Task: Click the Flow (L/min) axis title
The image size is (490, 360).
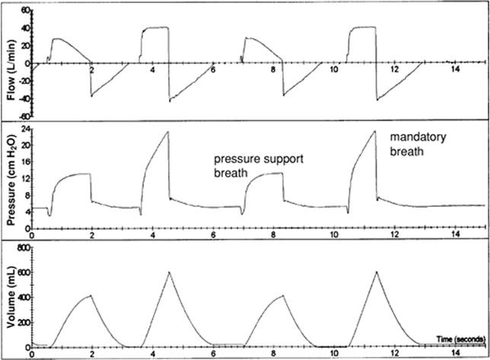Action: click(x=11, y=70)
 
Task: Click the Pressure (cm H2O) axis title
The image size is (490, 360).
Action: click(x=11, y=176)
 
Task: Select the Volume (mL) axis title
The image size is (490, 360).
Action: click(x=11, y=297)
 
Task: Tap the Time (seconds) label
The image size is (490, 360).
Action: click(x=461, y=339)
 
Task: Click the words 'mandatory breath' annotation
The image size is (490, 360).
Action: click(x=418, y=144)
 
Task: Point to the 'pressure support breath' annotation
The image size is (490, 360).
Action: click(x=259, y=166)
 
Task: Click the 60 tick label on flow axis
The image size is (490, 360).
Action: click(x=25, y=10)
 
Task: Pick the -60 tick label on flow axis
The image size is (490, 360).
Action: click(x=24, y=116)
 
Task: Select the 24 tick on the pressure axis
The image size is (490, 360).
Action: click(x=25, y=129)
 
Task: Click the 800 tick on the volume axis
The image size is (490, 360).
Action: click(x=24, y=248)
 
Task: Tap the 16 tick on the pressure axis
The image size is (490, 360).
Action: click(x=26, y=162)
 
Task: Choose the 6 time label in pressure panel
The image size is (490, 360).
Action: click(x=213, y=234)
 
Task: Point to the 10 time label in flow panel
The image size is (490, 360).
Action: click(x=334, y=69)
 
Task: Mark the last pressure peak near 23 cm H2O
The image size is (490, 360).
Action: click(x=374, y=131)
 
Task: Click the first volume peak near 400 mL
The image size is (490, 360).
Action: click(x=91, y=295)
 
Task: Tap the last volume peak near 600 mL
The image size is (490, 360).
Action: click(x=377, y=272)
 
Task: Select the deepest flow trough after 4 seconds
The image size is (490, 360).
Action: click(x=170, y=101)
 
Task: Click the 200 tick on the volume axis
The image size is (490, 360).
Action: click(x=24, y=323)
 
